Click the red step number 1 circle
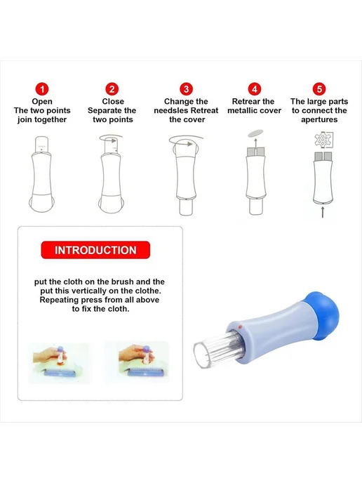point(42,89)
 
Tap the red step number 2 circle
point(112,89)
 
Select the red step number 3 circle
point(186,89)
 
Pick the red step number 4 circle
point(255,89)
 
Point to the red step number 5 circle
point(319,89)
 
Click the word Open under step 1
point(42,102)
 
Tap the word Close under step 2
point(113,101)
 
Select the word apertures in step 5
point(319,120)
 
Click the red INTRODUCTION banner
point(95,250)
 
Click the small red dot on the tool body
point(239,326)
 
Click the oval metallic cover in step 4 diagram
point(255,133)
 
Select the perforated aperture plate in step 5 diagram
point(323,140)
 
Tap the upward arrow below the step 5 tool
point(323,212)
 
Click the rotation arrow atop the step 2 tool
point(111,138)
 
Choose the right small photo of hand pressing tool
point(138,362)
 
